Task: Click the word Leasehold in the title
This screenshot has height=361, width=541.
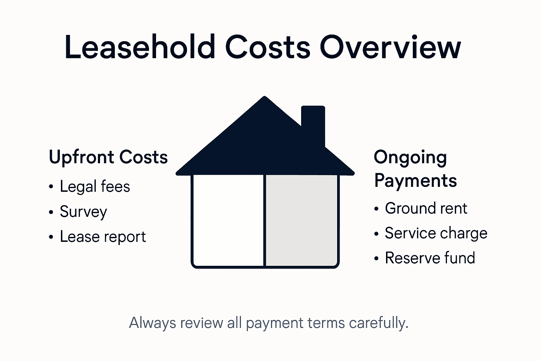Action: click(140, 47)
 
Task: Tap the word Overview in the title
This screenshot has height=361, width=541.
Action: click(390, 47)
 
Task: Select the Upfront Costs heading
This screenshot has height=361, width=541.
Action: click(108, 157)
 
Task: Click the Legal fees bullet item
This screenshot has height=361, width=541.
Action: click(95, 186)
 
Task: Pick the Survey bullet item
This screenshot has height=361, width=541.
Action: click(83, 212)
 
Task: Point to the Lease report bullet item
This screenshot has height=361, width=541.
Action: click(102, 237)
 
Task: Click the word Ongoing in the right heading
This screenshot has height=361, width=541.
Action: click(410, 158)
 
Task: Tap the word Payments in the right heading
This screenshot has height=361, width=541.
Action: click(415, 180)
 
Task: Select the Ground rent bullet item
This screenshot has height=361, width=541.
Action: click(426, 208)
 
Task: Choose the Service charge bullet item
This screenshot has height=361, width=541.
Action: click(436, 233)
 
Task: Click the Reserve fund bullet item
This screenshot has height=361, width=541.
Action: click(430, 258)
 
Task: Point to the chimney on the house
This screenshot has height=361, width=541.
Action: click(313, 122)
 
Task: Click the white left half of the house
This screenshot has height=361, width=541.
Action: click(228, 220)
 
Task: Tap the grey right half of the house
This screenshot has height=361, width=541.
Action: click(301, 220)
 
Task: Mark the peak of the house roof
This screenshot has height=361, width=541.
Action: click(264, 97)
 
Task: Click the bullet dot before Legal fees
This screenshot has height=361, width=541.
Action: click(51, 187)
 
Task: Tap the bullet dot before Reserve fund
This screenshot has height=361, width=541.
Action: click(377, 259)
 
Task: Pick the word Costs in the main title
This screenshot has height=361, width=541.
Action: click(268, 47)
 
